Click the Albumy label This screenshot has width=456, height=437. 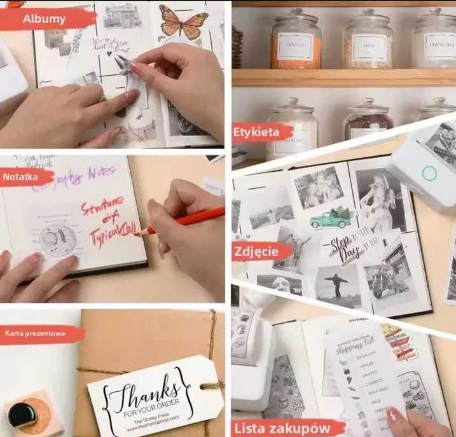tap(45, 18)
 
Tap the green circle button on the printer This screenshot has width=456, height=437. tap(429, 173)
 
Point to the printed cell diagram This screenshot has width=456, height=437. tap(58, 238)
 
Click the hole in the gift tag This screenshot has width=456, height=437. tap(205, 384)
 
